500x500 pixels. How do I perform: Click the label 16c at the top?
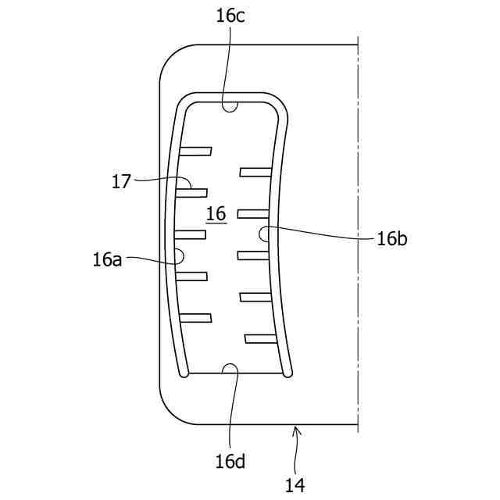[230, 16]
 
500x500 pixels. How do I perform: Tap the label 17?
[121, 181]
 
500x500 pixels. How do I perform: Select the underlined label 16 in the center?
[216, 213]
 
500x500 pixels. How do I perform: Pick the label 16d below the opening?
[230, 461]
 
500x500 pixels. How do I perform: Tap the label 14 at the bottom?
[295, 485]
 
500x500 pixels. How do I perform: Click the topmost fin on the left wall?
[195, 150]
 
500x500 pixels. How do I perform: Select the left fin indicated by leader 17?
[191, 191]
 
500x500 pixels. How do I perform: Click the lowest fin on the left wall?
[195, 318]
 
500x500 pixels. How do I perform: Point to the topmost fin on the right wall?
[255, 172]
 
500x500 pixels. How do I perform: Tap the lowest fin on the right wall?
[261, 338]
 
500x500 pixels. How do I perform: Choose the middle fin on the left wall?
[190, 234]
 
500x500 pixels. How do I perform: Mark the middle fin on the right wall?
[253, 255]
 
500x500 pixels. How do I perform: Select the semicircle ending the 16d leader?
[230, 369]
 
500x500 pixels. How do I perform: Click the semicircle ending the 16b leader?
[265, 233]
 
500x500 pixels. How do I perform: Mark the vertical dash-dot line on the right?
[358, 234]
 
